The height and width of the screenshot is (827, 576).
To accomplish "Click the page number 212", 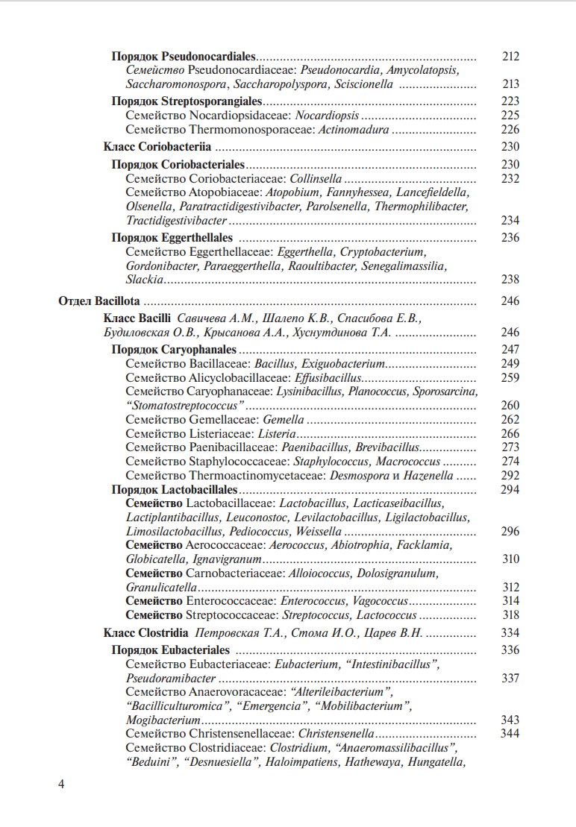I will (510, 57).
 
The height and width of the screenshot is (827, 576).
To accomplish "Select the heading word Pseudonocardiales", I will (208, 57).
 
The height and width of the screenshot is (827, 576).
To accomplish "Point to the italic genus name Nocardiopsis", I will (327, 116).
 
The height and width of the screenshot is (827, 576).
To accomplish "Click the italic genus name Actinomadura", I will (354, 130).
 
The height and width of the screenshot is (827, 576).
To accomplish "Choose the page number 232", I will (510, 179).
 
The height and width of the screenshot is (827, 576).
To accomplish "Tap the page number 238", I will (510, 280).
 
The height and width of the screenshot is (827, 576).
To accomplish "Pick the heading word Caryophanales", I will (198, 350).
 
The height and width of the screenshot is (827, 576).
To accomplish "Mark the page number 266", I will (510, 434).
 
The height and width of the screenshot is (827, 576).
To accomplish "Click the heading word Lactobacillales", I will (199, 490).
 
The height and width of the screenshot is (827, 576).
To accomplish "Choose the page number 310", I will (510, 559).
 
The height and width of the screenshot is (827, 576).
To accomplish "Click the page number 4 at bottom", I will (62, 784).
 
